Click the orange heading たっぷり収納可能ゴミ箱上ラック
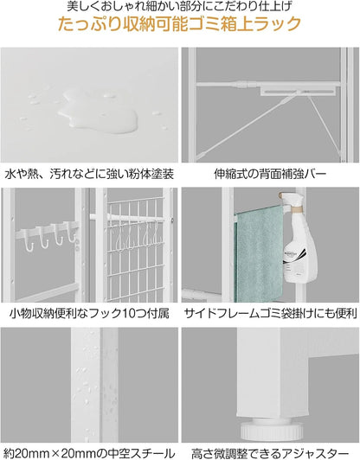click(180, 24)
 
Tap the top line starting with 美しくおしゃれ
click(180, 7)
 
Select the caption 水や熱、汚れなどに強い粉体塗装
click(89, 174)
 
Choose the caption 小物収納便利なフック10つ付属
click(89, 312)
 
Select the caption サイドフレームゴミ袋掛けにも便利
click(269, 312)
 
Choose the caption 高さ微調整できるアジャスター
click(269, 451)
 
